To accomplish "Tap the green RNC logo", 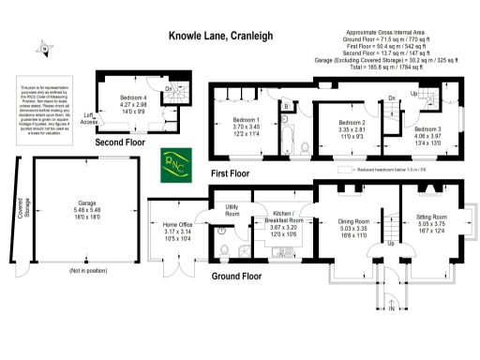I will pyautogui.click(x=175, y=162).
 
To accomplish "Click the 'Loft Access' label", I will pyautogui.click(x=90, y=119).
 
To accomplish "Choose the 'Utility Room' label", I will pyautogui.click(x=232, y=213).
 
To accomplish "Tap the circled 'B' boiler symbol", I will pyautogui.click(x=223, y=231).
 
